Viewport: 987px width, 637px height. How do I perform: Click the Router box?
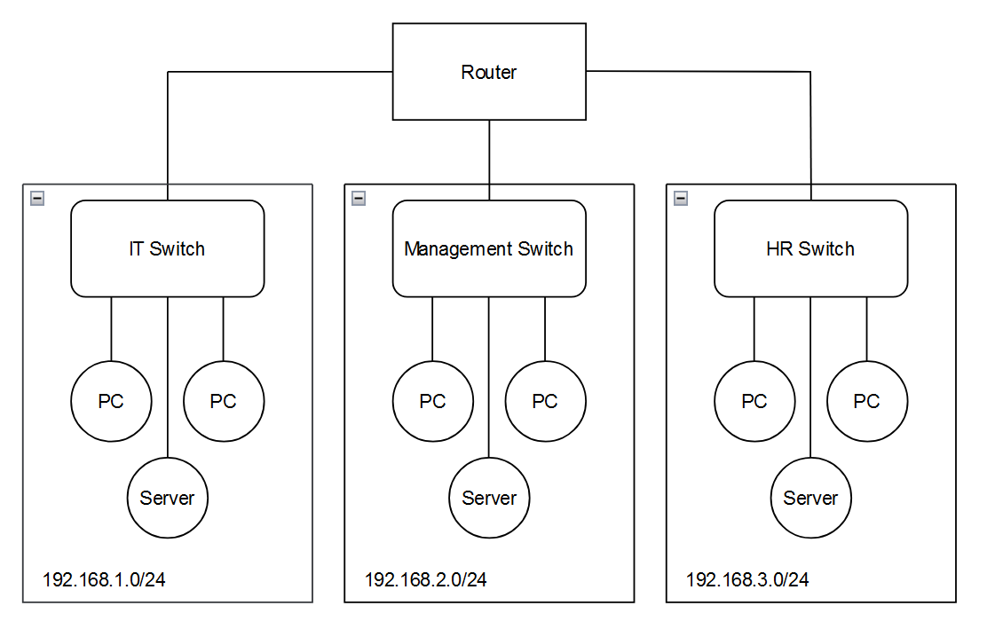tap(489, 72)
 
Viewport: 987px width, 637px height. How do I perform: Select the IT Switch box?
tap(168, 248)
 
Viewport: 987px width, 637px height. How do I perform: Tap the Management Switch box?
tap(489, 248)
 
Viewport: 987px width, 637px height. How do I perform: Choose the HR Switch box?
tap(810, 248)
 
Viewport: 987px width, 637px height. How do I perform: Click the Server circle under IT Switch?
tap(168, 498)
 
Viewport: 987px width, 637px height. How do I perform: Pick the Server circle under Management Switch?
tap(489, 498)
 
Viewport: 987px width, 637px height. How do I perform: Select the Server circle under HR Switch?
tap(810, 498)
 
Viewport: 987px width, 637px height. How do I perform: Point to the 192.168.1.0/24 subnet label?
tap(104, 579)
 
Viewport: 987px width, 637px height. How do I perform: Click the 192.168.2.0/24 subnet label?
tap(425, 579)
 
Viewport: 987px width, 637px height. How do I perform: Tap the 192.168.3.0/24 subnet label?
tap(747, 579)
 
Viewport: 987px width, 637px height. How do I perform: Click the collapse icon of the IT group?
tap(37, 198)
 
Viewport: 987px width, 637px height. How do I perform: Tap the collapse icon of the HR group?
tap(681, 198)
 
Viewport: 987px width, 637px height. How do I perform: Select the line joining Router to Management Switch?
tap(489, 160)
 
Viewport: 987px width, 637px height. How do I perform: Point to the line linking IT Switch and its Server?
tap(168, 377)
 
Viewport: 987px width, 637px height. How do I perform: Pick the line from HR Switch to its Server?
tap(810, 377)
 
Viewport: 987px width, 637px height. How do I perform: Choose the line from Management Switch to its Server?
tap(489, 377)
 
